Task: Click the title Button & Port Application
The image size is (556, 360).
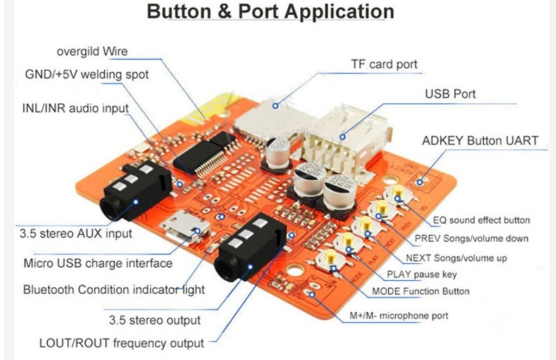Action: click(x=270, y=11)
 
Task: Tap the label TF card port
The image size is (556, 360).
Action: click(x=384, y=65)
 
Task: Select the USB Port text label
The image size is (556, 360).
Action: click(x=450, y=94)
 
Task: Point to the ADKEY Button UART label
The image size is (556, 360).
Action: click(x=480, y=141)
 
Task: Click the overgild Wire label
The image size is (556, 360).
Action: click(x=92, y=52)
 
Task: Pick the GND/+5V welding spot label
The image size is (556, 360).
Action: click(x=87, y=74)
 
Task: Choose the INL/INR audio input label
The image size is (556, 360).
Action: click(x=75, y=108)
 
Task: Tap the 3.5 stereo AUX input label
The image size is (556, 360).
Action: click(x=75, y=234)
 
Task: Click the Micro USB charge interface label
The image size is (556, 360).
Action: click(x=98, y=263)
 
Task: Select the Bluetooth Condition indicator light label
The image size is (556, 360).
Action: click(x=114, y=289)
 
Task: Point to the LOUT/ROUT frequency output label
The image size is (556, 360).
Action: click(x=122, y=343)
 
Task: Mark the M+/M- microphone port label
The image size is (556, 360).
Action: click(x=399, y=315)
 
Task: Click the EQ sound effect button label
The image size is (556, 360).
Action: click(x=481, y=220)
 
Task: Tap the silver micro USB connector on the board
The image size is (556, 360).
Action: click(x=182, y=229)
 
